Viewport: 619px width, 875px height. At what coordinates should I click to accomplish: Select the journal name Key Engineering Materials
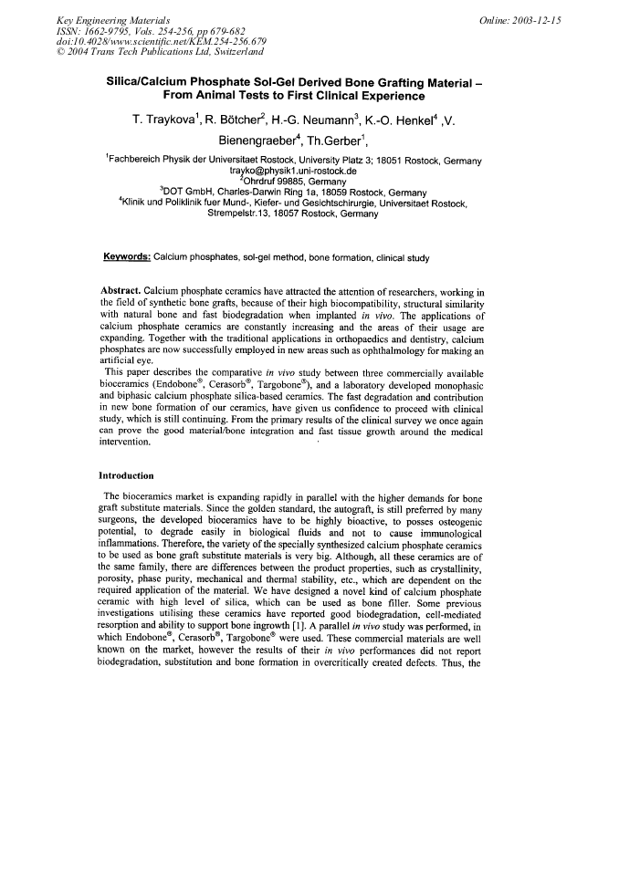102,17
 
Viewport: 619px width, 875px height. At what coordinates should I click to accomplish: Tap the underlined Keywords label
127,256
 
